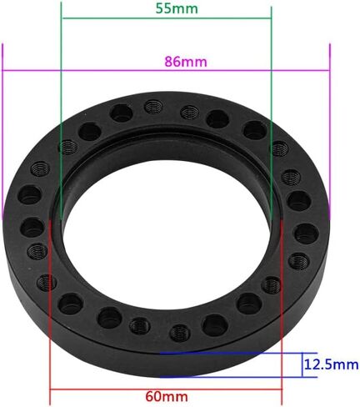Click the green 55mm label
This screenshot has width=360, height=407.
point(177,8)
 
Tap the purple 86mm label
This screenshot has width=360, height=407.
point(186,62)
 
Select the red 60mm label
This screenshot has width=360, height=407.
point(167,396)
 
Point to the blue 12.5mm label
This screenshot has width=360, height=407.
point(332,364)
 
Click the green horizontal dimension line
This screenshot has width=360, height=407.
point(167,18)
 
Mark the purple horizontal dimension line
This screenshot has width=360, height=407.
point(166,70)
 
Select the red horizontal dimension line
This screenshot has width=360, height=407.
point(166,389)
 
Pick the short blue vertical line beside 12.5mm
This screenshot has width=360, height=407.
point(302,365)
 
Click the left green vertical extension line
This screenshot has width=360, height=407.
point(61,111)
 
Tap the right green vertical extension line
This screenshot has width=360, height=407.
point(272,112)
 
